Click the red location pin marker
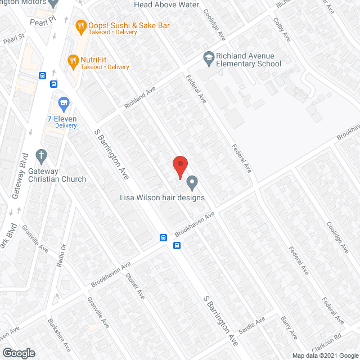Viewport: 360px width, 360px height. coord(179,166)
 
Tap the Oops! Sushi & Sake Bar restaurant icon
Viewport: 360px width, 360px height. coord(81,25)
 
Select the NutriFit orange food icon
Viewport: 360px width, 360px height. coord(72,59)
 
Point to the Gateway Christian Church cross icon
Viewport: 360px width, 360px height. coord(40,155)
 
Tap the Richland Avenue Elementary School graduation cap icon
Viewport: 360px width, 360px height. coord(209,57)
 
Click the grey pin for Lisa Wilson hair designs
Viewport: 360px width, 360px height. coord(192,182)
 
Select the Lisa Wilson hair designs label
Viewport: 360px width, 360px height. coord(162,197)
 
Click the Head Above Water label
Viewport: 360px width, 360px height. coord(166,4)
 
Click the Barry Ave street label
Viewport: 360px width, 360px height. coord(289,327)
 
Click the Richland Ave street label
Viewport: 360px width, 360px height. coord(139,97)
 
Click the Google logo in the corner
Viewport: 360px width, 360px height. coord(19,353)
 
